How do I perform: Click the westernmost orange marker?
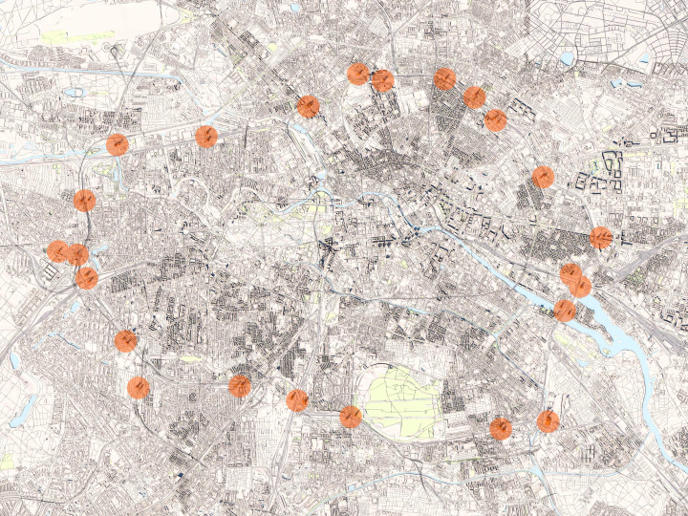point(58,251)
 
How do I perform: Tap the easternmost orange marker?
point(601,237)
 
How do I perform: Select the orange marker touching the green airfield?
point(351,417)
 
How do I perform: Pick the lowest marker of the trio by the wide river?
point(565,310)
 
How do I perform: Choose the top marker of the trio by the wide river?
point(570,274)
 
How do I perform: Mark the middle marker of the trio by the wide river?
point(580,286)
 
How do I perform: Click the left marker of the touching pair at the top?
point(358,74)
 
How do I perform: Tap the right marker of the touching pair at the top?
point(382,80)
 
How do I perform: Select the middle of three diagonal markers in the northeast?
point(474,97)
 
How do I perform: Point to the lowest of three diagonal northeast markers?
point(495,119)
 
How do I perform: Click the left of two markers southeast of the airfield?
point(501,428)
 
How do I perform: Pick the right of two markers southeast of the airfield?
point(548,420)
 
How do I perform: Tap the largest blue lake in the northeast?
point(568,58)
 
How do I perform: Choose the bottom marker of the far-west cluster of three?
point(87,277)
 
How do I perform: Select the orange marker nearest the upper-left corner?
point(118,144)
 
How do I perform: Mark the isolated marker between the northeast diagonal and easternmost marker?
point(543,176)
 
